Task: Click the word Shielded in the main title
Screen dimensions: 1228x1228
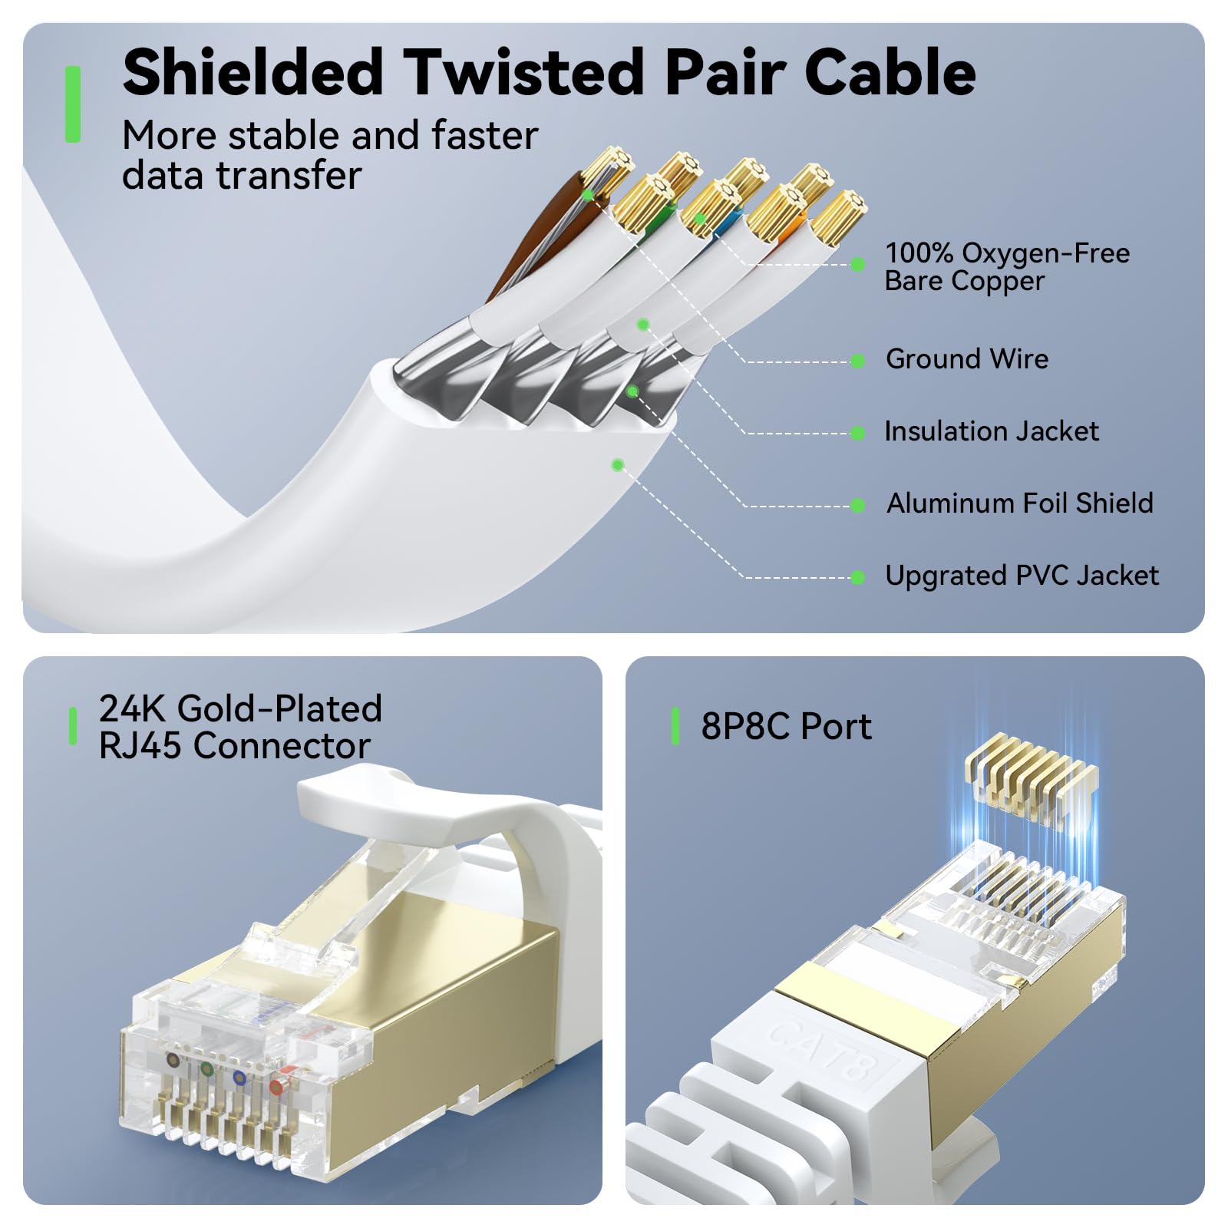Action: tap(253, 73)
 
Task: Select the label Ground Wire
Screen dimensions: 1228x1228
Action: tap(967, 359)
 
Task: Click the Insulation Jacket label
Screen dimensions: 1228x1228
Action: tap(992, 431)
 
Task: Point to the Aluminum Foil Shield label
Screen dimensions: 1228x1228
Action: tap(1020, 503)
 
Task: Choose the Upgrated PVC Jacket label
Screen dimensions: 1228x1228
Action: tap(1022, 576)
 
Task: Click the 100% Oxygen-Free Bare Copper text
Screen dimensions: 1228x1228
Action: tap(1007, 267)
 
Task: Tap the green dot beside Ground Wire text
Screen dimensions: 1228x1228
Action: tap(858, 361)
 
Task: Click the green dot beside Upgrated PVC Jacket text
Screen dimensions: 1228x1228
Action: tap(858, 578)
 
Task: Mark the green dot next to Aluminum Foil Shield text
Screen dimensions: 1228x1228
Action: tap(858, 506)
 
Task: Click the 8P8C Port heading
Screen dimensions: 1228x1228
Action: tap(786, 726)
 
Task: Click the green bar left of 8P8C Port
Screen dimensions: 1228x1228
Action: tap(675, 726)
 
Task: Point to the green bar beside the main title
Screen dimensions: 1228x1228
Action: tap(73, 104)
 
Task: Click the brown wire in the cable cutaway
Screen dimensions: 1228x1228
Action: tap(537, 230)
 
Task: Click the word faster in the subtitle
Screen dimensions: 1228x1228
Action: tap(484, 136)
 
